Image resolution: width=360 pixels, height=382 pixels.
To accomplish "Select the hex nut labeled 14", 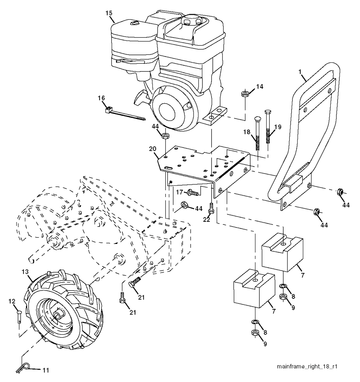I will pyautogui.click(x=245, y=94).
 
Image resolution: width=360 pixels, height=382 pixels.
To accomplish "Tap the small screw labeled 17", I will pyautogui.click(x=192, y=192).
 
